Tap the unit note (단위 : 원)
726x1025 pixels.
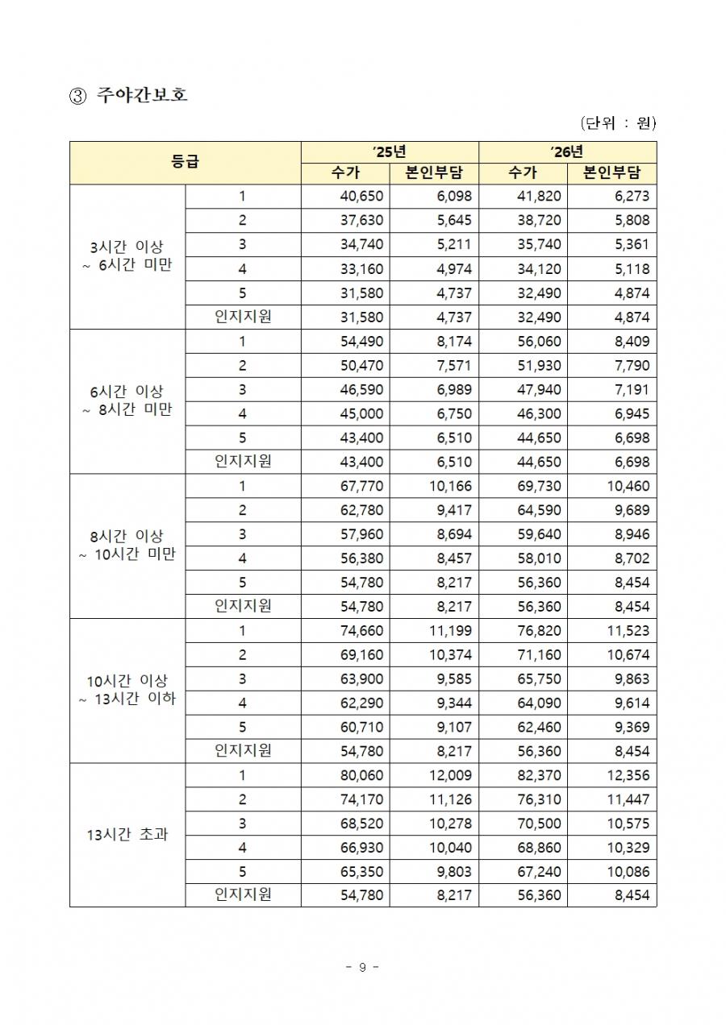[x=618, y=123]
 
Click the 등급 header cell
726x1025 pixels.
[x=185, y=162]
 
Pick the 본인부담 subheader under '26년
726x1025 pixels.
[x=611, y=173]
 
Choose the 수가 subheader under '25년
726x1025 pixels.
[x=345, y=173]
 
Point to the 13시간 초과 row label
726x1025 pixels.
[x=127, y=835]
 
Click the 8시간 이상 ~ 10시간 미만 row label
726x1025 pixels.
[x=127, y=546]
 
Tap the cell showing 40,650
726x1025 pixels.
[x=363, y=197]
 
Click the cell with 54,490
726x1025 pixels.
[x=363, y=342]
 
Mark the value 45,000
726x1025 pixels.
[x=363, y=414]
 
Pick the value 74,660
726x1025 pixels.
[x=363, y=631]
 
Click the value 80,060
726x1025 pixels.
[x=363, y=776]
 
